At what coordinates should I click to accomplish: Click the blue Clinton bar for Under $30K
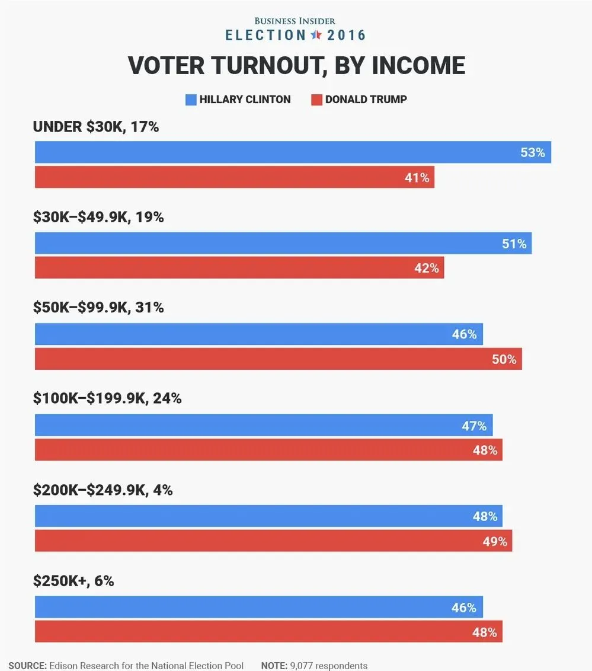pyautogui.click(x=293, y=152)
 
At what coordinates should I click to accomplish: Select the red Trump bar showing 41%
pyautogui.click(x=234, y=177)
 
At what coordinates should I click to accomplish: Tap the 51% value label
pyautogui.click(x=514, y=244)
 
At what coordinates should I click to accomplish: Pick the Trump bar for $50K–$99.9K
pyautogui.click(x=278, y=359)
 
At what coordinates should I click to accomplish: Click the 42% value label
pyautogui.click(x=426, y=268)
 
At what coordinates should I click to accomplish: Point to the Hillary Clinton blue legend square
pyautogui.click(x=190, y=100)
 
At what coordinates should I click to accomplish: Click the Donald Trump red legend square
pyautogui.click(x=316, y=100)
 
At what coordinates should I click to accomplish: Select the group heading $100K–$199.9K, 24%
pyautogui.click(x=107, y=398)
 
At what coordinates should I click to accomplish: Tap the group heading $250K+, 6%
pyautogui.click(x=73, y=581)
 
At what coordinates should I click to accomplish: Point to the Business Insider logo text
pyautogui.click(x=295, y=21)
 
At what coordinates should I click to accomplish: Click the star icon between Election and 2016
pyautogui.click(x=316, y=35)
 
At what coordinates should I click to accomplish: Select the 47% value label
pyautogui.click(x=474, y=426)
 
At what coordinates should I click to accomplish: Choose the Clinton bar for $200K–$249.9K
pyautogui.click(x=268, y=516)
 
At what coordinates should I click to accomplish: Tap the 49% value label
pyautogui.click(x=495, y=541)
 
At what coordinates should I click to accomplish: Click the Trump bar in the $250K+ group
pyautogui.click(x=268, y=632)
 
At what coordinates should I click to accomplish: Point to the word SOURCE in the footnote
pyautogui.click(x=27, y=666)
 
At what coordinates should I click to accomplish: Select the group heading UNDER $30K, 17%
pyautogui.click(x=96, y=126)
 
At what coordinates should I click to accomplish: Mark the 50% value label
pyautogui.click(x=504, y=359)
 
